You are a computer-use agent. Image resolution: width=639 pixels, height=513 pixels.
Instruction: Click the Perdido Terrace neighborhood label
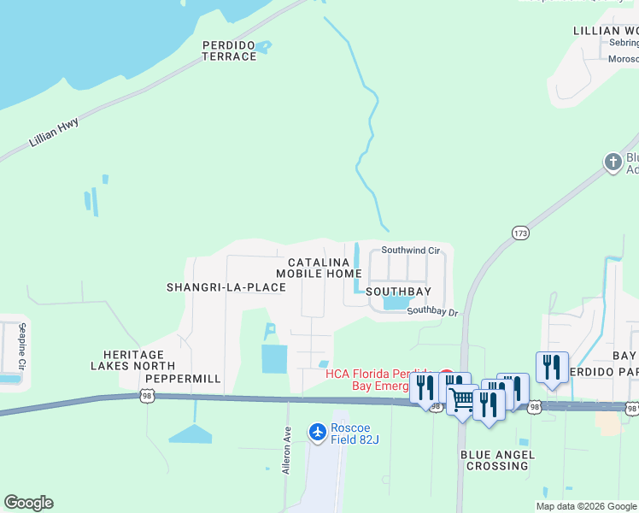tap(229, 50)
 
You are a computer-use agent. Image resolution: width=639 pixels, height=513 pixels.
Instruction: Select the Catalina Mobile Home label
tap(319, 268)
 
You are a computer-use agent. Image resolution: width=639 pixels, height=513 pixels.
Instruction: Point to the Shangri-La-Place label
tap(226, 287)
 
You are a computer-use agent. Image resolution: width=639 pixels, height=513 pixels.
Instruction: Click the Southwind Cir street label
tap(410, 251)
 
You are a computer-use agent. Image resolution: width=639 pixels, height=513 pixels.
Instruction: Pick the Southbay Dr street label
tap(432, 312)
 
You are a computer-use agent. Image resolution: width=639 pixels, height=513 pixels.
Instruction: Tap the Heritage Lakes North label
tap(133, 360)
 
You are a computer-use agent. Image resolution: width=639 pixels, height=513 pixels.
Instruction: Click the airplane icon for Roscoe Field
tap(318, 433)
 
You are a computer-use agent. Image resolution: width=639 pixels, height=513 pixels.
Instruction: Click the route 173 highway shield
tap(520, 233)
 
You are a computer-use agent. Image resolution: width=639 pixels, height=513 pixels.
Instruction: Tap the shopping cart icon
tap(461, 399)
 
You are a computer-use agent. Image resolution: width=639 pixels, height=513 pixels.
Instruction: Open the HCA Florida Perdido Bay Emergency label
tap(380, 380)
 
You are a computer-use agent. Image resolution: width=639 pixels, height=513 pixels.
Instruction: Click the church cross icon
tap(613, 162)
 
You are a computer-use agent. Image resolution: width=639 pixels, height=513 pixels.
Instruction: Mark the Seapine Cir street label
tap(23, 346)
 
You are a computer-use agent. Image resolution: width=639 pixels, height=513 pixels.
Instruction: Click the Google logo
tap(28, 503)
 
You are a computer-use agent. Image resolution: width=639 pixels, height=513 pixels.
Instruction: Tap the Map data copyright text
tap(585, 506)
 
